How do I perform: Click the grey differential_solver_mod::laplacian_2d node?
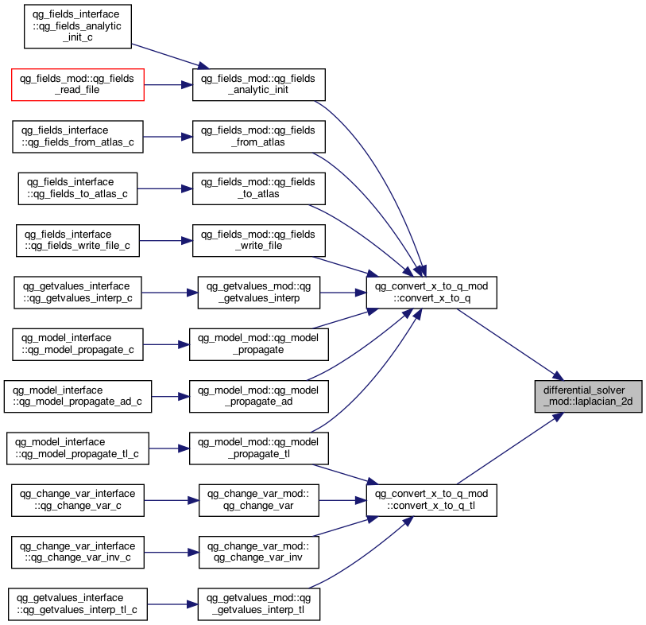click(x=588, y=396)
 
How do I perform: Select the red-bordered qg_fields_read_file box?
click(x=77, y=84)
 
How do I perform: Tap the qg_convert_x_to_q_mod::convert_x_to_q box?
click(x=431, y=293)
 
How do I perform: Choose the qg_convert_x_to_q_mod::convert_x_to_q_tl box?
click(x=431, y=500)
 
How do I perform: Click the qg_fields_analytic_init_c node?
click(x=77, y=26)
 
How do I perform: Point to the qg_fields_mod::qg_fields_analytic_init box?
click(x=259, y=84)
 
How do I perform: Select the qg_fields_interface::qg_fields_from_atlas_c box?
click(x=77, y=137)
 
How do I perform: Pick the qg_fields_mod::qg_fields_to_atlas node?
click(x=259, y=188)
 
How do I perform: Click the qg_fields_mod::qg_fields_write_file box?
click(x=259, y=240)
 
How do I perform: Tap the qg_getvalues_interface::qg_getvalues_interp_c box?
click(x=77, y=293)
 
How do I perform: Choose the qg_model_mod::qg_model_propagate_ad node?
click(x=259, y=396)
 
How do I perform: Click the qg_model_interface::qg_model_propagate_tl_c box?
click(x=77, y=448)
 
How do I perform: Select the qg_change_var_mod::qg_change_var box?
click(x=259, y=500)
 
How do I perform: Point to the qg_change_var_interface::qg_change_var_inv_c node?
click(x=77, y=552)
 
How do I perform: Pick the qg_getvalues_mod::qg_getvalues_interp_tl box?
click(x=259, y=604)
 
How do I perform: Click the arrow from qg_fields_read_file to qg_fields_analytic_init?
click(x=168, y=84)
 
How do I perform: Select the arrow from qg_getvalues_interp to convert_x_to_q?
click(x=342, y=293)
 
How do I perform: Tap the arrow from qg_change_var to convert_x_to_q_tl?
click(x=342, y=500)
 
